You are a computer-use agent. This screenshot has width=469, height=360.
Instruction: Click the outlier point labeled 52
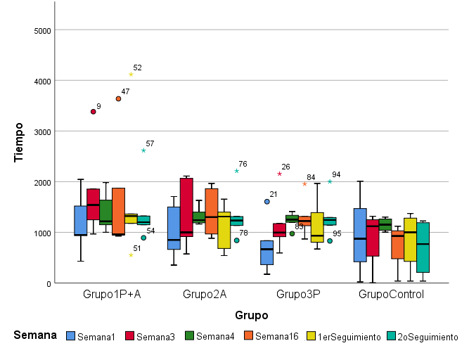click(x=131, y=75)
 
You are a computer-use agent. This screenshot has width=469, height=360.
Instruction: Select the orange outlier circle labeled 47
click(x=118, y=99)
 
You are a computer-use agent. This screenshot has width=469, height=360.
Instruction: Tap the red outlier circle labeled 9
click(x=93, y=112)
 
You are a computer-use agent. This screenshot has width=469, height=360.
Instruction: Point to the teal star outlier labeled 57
click(x=143, y=150)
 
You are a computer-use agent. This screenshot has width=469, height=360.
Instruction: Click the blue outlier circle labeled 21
click(x=267, y=202)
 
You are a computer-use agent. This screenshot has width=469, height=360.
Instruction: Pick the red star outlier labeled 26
click(x=279, y=174)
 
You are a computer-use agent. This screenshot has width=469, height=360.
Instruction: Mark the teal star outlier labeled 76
click(x=237, y=171)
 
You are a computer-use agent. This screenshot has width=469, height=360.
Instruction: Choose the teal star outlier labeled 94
click(x=330, y=181)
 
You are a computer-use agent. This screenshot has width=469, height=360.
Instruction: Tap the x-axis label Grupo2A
click(x=204, y=294)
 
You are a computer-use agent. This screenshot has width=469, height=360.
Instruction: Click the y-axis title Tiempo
click(x=20, y=143)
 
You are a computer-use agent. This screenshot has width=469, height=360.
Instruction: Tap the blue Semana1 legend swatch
click(x=70, y=337)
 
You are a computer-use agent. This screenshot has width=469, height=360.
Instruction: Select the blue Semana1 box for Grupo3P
click(x=266, y=252)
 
